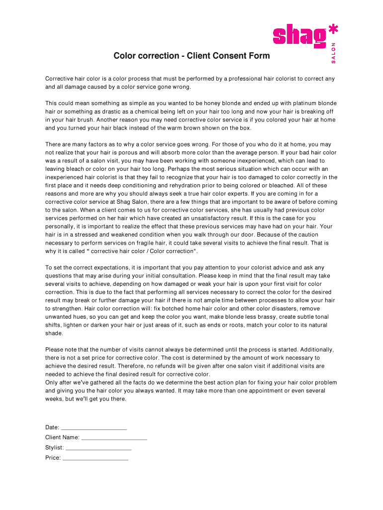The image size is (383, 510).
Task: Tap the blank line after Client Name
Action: point(114,438)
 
